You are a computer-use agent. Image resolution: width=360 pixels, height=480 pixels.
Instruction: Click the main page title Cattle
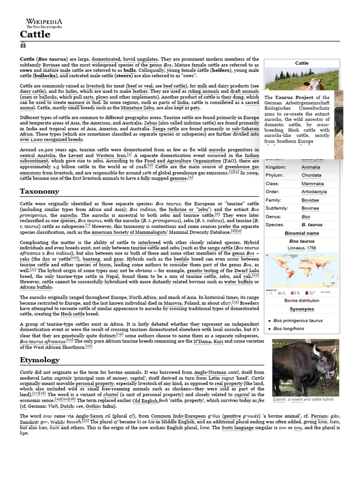point(35,35)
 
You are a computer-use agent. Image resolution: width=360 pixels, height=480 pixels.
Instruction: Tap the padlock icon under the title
point(23,45)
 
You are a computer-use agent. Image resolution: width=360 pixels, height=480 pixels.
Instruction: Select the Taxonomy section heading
point(39,191)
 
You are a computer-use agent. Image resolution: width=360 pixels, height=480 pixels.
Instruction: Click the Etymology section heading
point(39,360)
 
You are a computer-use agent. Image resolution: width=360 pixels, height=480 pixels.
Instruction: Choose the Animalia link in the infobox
point(311,167)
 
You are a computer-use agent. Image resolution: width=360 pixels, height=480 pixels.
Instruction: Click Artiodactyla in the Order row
point(314,192)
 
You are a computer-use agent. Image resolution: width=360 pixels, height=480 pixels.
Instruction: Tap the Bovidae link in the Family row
point(310,200)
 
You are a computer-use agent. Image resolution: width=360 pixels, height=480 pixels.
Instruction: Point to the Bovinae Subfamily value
point(310,208)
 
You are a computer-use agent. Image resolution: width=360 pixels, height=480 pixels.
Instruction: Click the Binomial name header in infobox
point(301,233)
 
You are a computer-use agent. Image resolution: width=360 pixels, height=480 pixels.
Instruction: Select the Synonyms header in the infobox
point(301,309)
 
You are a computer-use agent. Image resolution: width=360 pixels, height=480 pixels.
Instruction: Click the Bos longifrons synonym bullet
point(289,329)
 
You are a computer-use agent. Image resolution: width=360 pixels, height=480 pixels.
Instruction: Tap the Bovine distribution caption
point(302,300)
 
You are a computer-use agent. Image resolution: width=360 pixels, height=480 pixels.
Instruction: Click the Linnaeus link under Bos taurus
point(296,247)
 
